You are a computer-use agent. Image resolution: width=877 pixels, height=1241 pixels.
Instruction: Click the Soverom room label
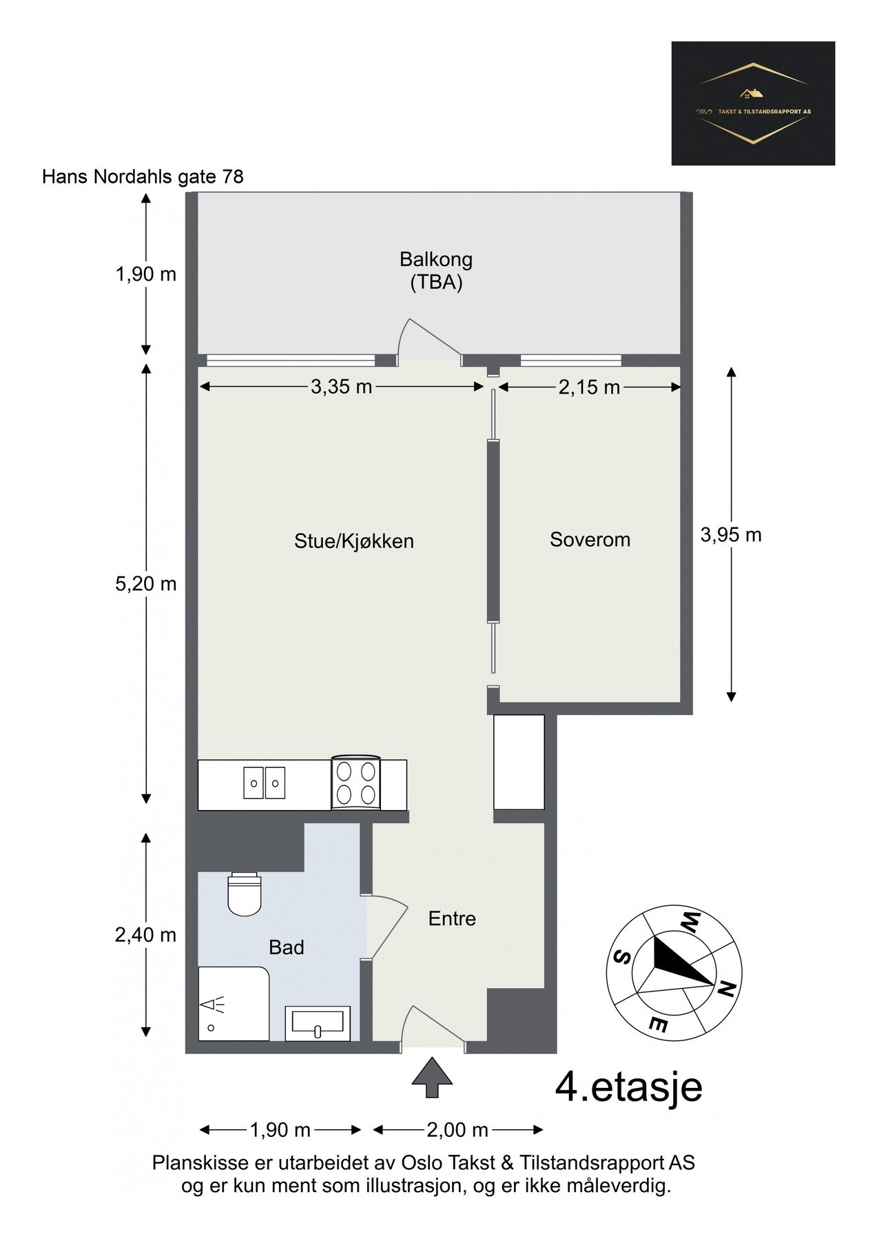590,539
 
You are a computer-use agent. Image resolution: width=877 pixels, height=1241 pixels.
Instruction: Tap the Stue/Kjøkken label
353,541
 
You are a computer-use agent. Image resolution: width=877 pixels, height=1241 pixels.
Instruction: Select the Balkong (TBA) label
435,271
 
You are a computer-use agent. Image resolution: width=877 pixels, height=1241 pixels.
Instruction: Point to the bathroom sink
318,1023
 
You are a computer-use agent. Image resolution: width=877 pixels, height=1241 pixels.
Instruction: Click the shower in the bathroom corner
232,1003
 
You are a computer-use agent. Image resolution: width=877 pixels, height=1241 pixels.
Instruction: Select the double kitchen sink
264,784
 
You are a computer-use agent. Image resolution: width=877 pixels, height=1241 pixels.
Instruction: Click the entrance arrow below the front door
431,1077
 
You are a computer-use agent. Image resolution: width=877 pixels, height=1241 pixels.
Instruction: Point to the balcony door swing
429,341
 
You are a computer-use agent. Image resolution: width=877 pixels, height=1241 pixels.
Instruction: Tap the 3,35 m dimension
341,387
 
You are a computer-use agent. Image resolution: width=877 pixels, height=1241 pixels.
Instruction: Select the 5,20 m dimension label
146,585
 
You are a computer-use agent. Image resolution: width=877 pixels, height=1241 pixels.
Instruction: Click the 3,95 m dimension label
731,534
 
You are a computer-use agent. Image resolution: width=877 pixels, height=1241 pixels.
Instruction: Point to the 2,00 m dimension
457,1130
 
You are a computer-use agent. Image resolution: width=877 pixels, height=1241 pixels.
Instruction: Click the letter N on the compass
725,989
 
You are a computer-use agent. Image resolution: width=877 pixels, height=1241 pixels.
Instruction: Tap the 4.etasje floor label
628,1088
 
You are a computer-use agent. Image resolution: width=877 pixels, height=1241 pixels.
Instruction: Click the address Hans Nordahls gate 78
143,177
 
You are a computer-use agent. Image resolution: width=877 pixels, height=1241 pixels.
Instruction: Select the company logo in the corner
752,103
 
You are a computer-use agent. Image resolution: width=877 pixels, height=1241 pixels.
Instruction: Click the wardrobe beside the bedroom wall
519,762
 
